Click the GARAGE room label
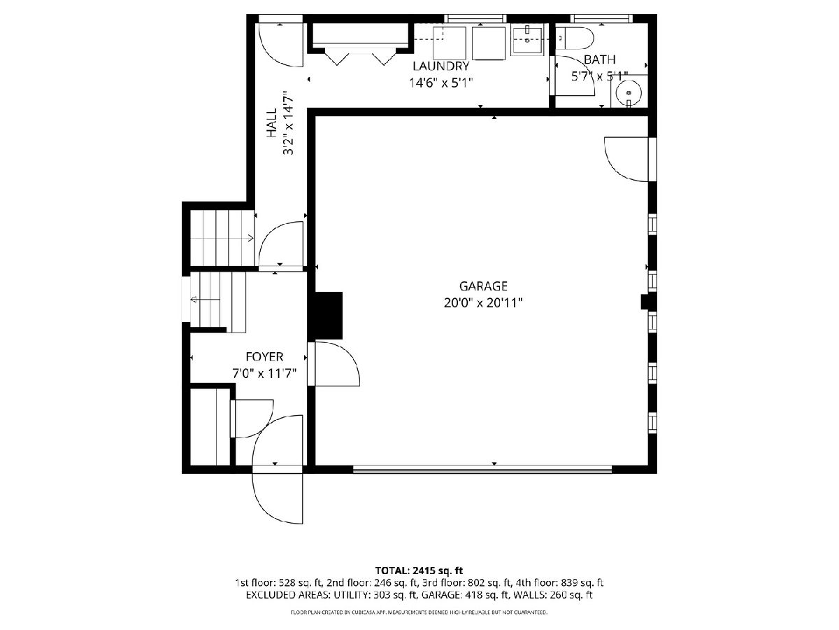pyautogui.click(x=482, y=286)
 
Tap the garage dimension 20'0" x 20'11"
pyautogui.click(x=482, y=303)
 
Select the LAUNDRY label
pyautogui.click(x=440, y=66)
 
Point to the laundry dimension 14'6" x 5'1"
pyautogui.click(x=440, y=83)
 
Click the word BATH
pyautogui.click(x=599, y=59)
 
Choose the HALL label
pyautogui.click(x=271, y=122)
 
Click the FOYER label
pyautogui.click(x=264, y=356)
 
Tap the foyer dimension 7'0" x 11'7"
pyautogui.click(x=264, y=373)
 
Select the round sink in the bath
pyautogui.click(x=629, y=92)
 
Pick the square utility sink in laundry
pyautogui.click(x=527, y=41)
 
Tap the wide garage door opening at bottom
pyautogui.click(x=482, y=468)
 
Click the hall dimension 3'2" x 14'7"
pyautogui.click(x=288, y=122)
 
